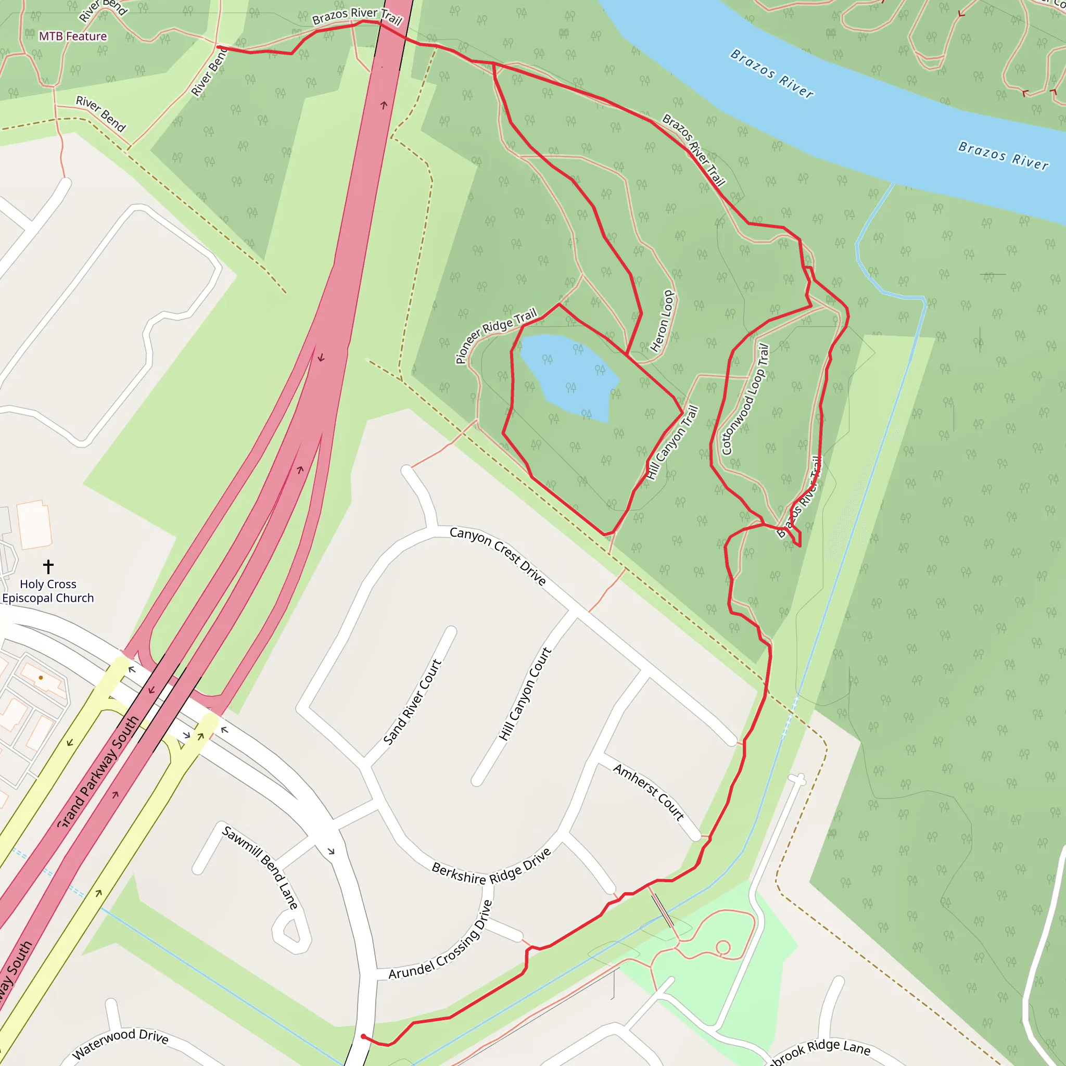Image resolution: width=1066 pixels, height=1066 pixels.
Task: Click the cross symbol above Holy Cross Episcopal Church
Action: tap(48, 566)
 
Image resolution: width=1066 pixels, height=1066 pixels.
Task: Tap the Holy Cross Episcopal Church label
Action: tap(48, 591)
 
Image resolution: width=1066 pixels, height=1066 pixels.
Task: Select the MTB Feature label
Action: tap(73, 36)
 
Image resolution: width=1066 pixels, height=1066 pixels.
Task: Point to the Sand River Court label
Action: tap(412, 702)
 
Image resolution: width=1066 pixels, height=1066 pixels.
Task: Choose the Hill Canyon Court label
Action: tap(525, 693)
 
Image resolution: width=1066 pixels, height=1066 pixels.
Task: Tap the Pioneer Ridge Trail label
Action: tap(496, 336)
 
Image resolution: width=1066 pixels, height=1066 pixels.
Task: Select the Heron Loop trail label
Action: tap(662, 321)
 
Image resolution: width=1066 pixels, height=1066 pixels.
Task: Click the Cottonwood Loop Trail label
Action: tap(745, 399)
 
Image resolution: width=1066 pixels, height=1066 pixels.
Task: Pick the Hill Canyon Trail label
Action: tap(672, 442)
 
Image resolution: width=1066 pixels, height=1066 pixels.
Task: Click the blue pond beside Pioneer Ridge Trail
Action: tap(568, 375)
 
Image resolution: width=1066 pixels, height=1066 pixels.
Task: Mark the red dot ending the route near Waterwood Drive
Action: tap(363, 1036)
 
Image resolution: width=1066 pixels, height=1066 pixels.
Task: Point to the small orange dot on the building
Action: tap(41, 678)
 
